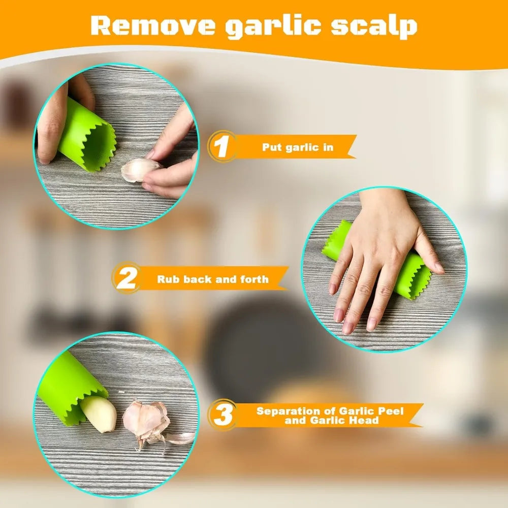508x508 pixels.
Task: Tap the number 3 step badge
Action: (223, 415)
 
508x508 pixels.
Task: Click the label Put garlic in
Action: (298, 147)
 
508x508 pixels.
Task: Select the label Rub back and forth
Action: (213, 279)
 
